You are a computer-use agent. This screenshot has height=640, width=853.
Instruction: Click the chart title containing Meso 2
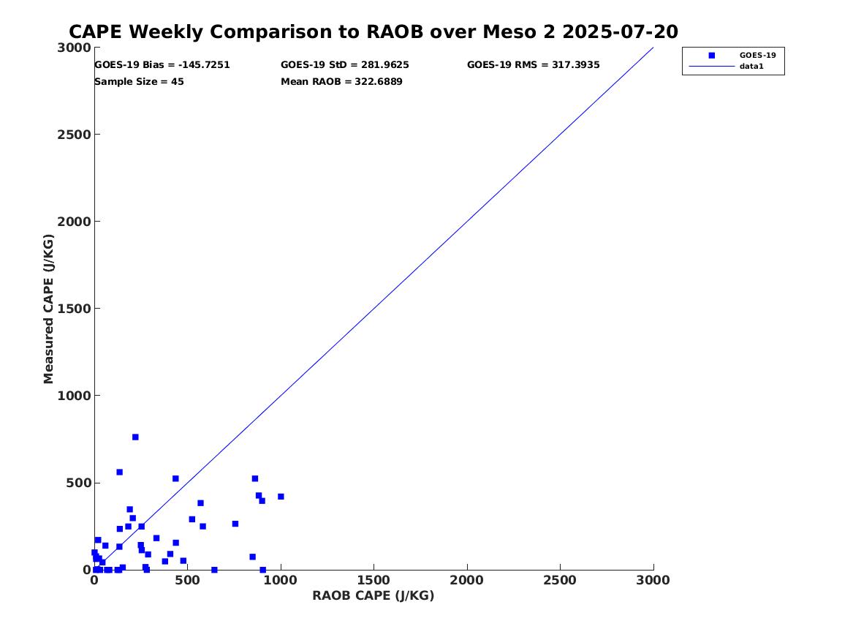pos(373,32)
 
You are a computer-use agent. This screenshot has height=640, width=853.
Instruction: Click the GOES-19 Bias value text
pos(162,65)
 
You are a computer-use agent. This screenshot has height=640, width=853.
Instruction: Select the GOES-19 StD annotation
pos(345,65)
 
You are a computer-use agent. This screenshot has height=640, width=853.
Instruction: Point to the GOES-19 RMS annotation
pos(534,65)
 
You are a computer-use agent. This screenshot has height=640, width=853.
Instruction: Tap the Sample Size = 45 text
pos(139,82)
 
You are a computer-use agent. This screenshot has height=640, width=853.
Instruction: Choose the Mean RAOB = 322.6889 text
pos(341,82)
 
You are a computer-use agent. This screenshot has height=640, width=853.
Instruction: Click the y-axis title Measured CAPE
pos(49,309)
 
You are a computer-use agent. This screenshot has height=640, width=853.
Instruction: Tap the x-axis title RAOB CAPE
pos(374,595)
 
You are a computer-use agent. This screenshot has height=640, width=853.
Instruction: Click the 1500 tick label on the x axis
pos(374,581)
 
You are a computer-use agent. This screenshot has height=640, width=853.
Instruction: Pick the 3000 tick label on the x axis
pos(653,581)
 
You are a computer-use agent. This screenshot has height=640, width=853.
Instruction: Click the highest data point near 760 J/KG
pos(135,437)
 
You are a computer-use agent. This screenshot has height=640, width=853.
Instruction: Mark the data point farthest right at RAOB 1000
pos(281,497)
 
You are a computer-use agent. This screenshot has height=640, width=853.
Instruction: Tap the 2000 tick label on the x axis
pos(467,581)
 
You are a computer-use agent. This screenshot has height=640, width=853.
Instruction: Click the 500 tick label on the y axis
pos(77,483)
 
